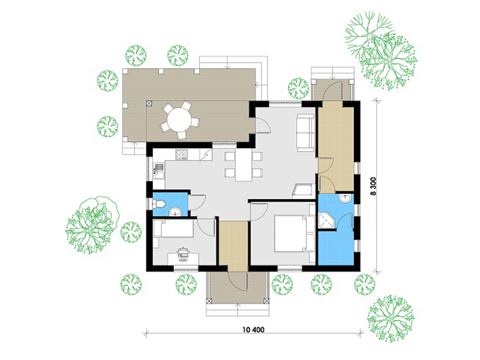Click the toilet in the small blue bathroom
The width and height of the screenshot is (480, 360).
(x=159, y=204)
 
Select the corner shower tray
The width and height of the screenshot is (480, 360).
(x=326, y=221)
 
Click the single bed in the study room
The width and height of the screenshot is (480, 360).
(x=173, y=228)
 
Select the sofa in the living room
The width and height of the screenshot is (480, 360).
(x=306, y=133)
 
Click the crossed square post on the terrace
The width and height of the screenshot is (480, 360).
(x=149, y=103)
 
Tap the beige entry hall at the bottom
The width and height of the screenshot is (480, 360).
(x=234, y=246)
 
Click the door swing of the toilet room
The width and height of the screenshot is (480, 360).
(x=198, y=202)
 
